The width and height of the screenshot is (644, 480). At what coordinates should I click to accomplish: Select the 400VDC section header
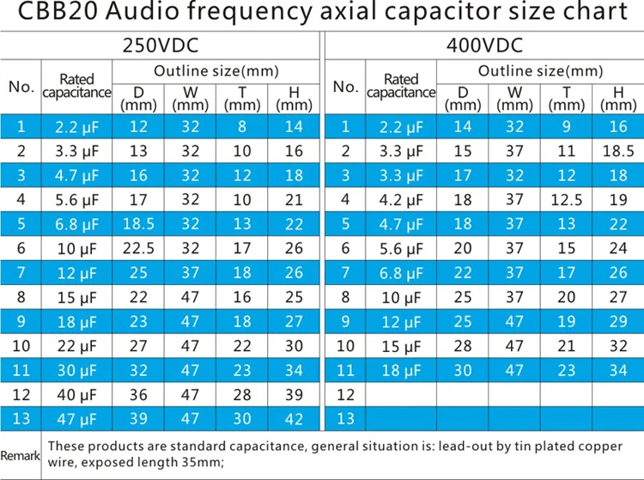483,46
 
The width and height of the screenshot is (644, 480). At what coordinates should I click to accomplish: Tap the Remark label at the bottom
20,455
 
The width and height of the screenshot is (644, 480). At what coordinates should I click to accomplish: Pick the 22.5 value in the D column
138,250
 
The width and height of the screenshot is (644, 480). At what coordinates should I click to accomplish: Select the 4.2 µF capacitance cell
401,200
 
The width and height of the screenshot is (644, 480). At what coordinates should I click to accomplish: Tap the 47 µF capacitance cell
76,420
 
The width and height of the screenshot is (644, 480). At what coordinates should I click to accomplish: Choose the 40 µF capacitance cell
76,395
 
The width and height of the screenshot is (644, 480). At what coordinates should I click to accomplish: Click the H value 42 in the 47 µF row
294,420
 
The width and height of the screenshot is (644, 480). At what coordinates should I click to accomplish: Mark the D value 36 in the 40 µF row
138,395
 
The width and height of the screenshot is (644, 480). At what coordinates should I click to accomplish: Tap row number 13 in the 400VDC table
345,420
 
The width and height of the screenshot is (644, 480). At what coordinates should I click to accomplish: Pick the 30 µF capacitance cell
76,371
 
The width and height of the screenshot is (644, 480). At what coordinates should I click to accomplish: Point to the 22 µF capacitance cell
76,346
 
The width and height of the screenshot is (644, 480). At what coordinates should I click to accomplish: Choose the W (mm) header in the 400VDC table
515,99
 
